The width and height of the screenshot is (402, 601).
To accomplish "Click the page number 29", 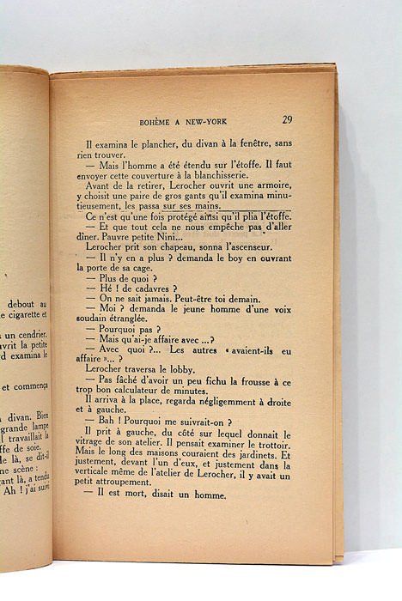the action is [286, 119].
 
